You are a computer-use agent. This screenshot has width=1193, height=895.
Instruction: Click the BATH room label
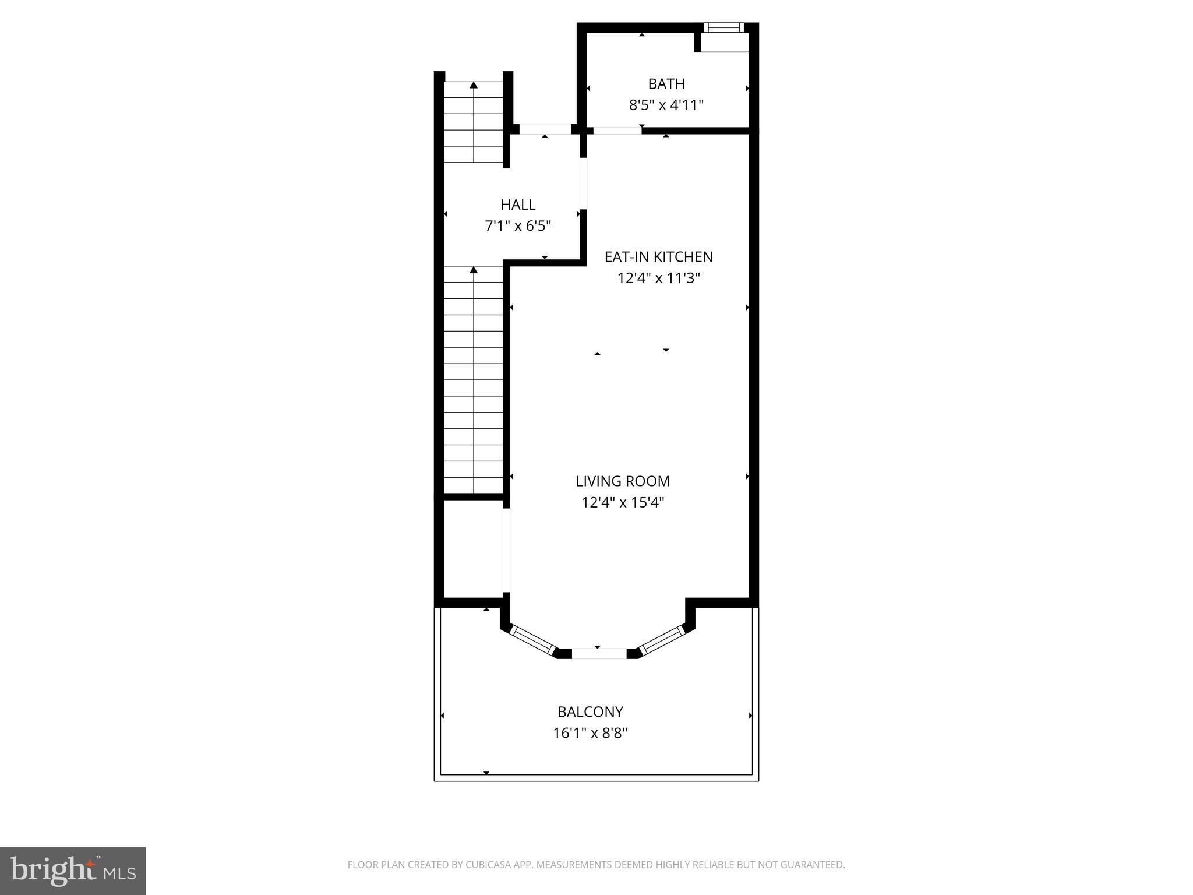pos(666,84)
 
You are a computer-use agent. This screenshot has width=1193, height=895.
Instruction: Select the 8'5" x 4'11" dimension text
pos(666,105)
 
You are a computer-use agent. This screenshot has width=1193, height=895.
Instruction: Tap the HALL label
pos(518,205)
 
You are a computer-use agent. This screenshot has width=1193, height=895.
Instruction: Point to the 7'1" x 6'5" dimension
pos(518,226)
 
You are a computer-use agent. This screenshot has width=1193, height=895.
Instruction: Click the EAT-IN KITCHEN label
pos(658,257)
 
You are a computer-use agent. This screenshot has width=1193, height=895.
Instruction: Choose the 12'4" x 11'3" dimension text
pos(658,279)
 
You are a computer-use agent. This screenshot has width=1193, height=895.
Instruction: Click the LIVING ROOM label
pos(623,481)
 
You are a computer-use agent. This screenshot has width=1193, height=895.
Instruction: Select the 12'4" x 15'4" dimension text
pos(623,502)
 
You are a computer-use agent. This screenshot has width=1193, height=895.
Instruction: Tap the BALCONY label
pos(590,712)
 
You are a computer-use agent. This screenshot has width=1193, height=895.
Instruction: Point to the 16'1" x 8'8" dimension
pos(590,733)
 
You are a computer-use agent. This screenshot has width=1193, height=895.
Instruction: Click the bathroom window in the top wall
pos(723,27)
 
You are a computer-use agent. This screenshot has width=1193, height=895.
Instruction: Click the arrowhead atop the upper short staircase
pos(474,86)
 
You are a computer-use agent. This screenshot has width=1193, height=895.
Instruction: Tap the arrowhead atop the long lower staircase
pos(474,270)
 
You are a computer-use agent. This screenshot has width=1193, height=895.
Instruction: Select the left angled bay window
pos(532,640)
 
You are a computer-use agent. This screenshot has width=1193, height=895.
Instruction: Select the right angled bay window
pos(662,640)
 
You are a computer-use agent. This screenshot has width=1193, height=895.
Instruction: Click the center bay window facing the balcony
pos(599,653)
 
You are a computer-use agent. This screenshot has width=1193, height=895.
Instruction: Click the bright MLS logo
pos(73,871)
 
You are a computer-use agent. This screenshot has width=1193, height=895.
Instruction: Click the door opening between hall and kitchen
pos(583,183)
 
